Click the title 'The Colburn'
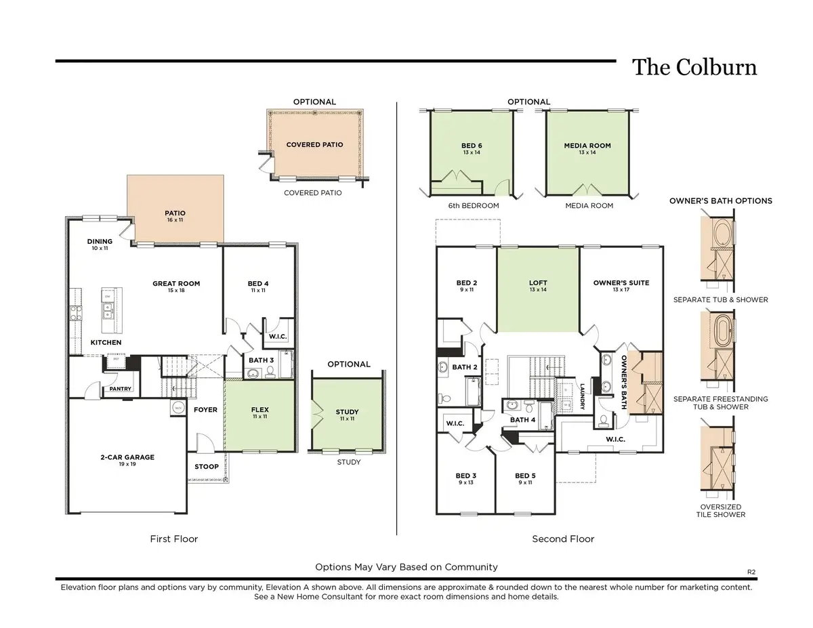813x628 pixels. [694, 67]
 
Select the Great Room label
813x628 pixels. [176, 284]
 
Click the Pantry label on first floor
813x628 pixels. [116, 389]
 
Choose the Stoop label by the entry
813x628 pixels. [207, 466]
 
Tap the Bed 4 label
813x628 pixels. [259, 284]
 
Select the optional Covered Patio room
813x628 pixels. [314, 144]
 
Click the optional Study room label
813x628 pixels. [347, 412]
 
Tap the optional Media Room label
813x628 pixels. [587, 146]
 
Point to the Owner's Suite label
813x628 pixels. [621, 283]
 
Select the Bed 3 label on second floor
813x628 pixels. [466, 476]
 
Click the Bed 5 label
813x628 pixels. [525, 476]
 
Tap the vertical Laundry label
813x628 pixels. [582, 397]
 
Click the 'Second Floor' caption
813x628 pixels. [563, 539]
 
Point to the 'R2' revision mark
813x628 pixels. [751, 572]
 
